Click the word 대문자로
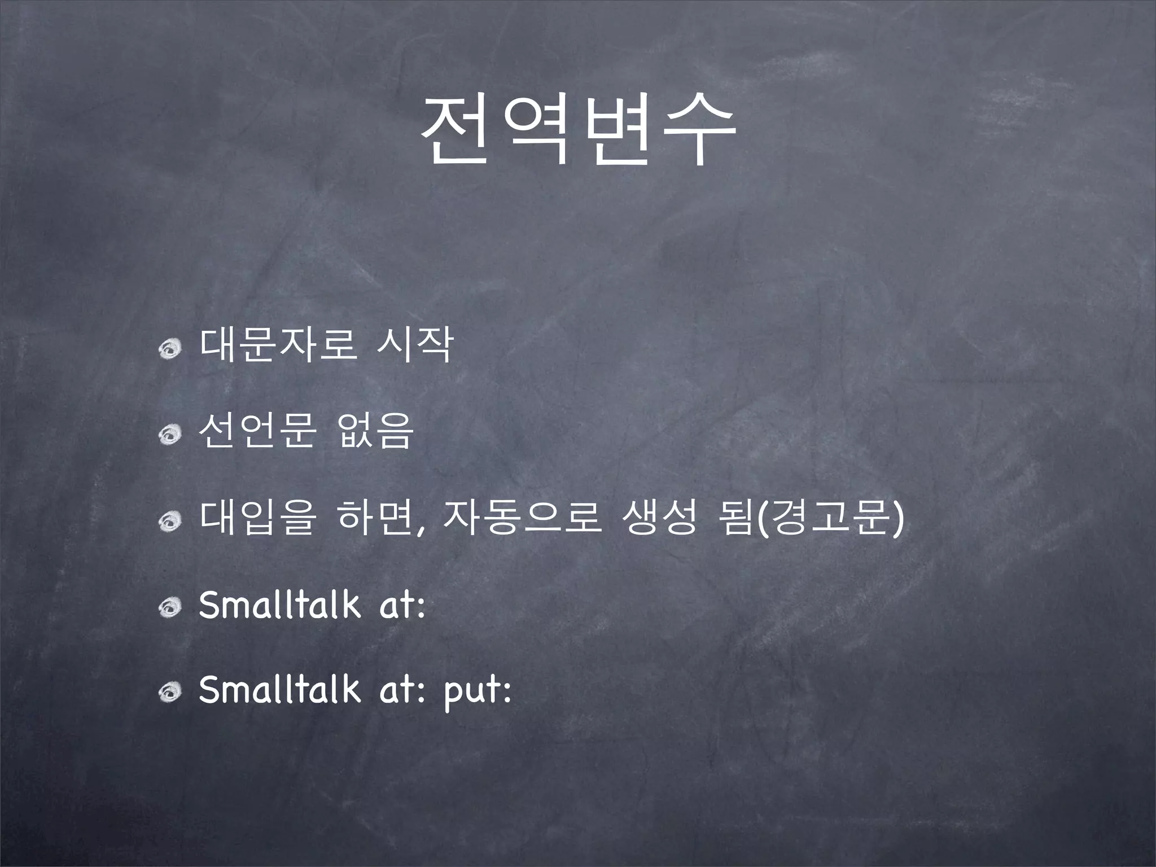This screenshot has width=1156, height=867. pos(278,345)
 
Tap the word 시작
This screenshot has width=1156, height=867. pos(414,345)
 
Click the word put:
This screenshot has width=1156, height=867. pos(478,690)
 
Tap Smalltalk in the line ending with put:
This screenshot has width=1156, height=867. pos(279,689)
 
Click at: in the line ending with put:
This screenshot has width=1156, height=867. pos(402,690)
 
